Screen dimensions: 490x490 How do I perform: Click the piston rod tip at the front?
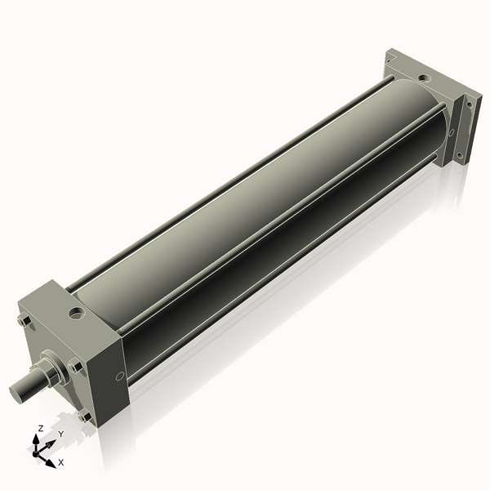tap(19, 391)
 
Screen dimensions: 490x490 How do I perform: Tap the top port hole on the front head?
tap(77, 312)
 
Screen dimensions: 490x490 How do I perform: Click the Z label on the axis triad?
tap(41, 428)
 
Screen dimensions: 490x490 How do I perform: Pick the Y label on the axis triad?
tap(60, 434)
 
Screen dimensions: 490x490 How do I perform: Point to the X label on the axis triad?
tap(61, 462)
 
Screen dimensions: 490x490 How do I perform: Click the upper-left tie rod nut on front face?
tap(23, 321)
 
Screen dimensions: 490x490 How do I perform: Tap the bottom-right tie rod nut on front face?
tap(84, 416)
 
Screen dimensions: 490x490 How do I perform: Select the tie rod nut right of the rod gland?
tap(77, 367)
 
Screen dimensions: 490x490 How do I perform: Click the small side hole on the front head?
tap(120, 376)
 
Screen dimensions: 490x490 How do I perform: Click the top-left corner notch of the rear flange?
tap(390, 58)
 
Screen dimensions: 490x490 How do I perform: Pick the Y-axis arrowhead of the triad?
tap(52, 443)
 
